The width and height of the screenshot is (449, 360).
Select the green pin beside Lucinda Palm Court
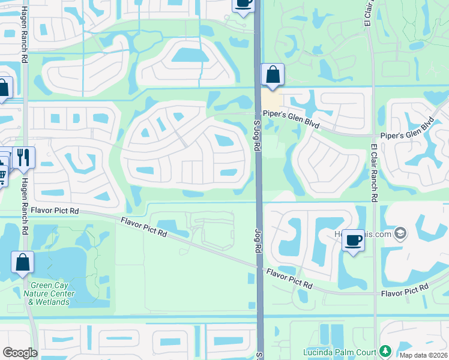385,351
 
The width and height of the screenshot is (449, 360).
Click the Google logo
19,352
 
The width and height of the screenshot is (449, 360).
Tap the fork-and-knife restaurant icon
23,157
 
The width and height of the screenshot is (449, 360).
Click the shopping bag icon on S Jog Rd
273,76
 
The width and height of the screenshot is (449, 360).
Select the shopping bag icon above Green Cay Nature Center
22,262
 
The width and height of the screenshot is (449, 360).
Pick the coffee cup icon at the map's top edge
243,4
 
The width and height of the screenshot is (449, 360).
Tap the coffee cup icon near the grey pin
353,241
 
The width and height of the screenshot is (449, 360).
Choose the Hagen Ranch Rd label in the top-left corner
25,35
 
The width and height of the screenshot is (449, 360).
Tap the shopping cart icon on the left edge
2,175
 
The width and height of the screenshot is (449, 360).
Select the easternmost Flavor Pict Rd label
405,291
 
